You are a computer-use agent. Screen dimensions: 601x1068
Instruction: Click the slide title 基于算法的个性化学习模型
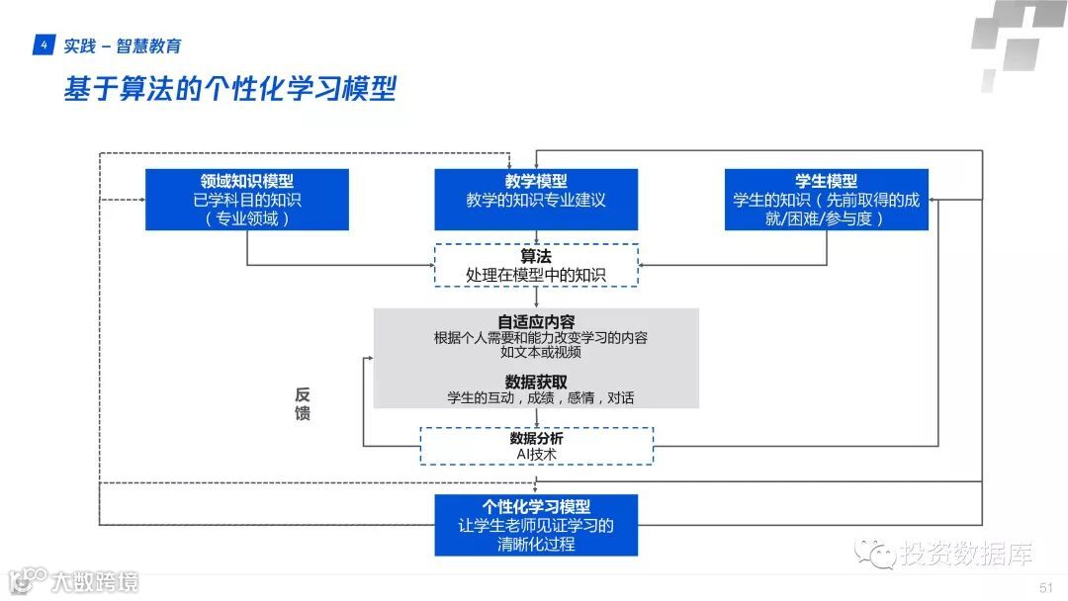click(x=229, y=90)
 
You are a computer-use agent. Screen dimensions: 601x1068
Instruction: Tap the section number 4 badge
click(x=43, y=45)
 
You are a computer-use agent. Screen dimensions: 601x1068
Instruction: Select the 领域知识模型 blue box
click(x=247, y=200)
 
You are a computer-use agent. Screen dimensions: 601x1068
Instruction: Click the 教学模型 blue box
click(x=536, y=200)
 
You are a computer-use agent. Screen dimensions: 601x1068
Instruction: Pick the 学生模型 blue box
click(x=827, y=200)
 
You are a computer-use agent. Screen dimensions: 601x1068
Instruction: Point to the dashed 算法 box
click(x=536, y=265)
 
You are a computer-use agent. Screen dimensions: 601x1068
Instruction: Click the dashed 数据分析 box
click(x=536, y=446)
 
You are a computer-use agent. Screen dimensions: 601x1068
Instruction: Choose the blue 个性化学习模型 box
click(x=536, y=525)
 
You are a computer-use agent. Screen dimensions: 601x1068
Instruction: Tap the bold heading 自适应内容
click(x=536, y=321)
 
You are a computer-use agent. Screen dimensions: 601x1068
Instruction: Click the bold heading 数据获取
click(x=536, y=382)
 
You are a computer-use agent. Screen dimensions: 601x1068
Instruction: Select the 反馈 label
click(x=303, y=403)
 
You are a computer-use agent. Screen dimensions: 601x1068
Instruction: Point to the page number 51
click(x=1046, y=588)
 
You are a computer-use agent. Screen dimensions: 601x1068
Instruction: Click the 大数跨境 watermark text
click(x=96, y=581)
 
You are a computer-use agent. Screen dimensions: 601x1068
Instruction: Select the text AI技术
click(x=537, y=455)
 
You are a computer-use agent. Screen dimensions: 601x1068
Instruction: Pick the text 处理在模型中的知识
click(x=536, y=275)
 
